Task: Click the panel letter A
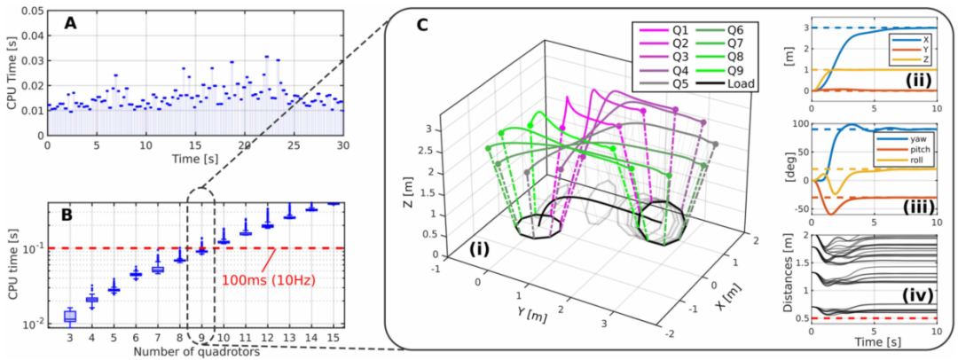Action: [x=70, y=24]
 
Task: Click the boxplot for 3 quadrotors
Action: [x=70, y=316]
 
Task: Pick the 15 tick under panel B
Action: [x=334, y=339]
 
